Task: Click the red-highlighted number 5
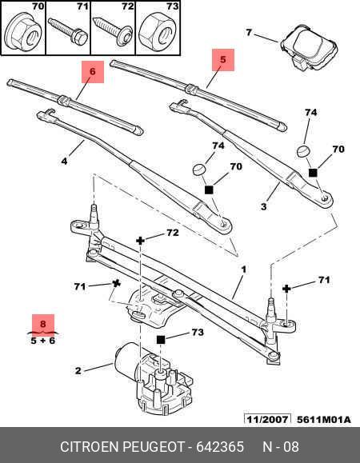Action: pos(223,58)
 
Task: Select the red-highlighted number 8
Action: pos(43,325)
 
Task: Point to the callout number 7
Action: pos(249,33)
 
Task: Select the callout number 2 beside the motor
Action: pos(78,370)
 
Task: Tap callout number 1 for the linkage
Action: pos(243,270)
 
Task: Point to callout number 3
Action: pos(262,206)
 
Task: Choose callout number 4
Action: pos(65,161)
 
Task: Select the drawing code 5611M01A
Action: pos(326,418)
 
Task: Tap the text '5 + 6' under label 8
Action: pos(43,341)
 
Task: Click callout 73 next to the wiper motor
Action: pos(195,332)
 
